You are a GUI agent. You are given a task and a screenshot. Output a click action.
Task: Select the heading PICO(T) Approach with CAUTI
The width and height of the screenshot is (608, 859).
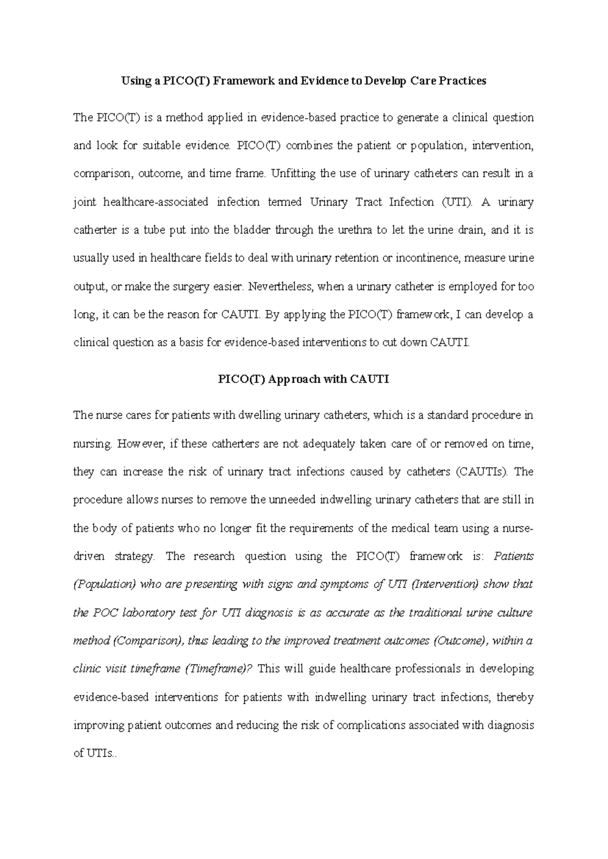tap(303, 379)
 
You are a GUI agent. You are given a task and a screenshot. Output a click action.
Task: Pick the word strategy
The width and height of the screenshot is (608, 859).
tap(134, 557)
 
